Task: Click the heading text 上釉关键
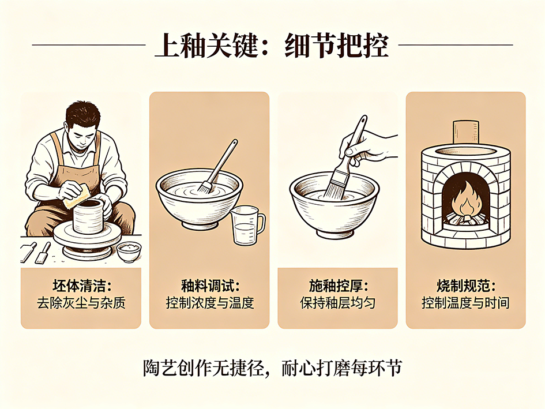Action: (207, 46)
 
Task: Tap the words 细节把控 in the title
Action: (336, 46)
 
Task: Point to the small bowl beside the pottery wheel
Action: (129, 252)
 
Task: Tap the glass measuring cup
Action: (247, 226)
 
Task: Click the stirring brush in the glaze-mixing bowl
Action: (218, 166)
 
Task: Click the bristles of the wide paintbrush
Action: (334, 186)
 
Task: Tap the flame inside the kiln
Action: (466, 200)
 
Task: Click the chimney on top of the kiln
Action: (466, 133)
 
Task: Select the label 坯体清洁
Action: (81, 286)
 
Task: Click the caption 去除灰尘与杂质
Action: (81, 303)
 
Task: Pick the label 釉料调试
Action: (209, 286)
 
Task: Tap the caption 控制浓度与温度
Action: (209, 303)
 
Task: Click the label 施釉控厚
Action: (338, 286)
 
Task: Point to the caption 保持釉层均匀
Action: (338, 303)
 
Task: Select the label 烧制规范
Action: (466, 286)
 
